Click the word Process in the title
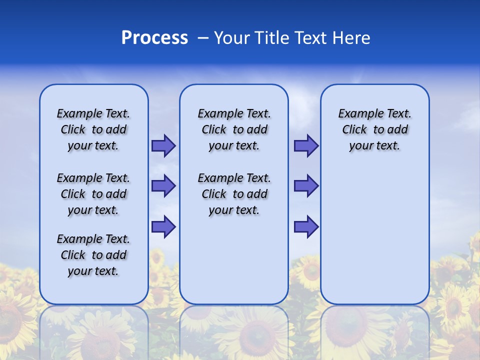[x=154, y=38]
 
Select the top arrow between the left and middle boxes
[x=163, y=145]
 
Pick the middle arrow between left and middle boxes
[x=163, y=186]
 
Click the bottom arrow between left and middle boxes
[x=163, y=227]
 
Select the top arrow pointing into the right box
[x=306, y=145]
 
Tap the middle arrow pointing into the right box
[x=306, y=186]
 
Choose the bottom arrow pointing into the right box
[x=306, y=227]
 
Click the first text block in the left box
[x=93, y=129]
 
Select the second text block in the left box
[x=93, y=194]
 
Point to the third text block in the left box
[x=93, y=255]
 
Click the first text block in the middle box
[x=234, y=129]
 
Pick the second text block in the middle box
[x=234, y=194]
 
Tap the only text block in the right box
[x=374, y=129]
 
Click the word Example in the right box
[x=357, y=114]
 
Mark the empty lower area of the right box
[x=374, y=230]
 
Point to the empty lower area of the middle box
[x=234, y=260]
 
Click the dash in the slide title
[x=203, y=38]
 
